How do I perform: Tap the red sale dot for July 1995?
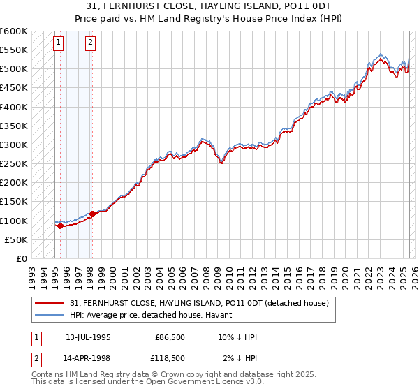pyautogui.click(x=60, y=226)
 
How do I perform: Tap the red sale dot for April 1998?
pyautogui.click(x=92, y=214)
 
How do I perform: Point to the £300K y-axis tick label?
pyautogui.click(x=14, y=145)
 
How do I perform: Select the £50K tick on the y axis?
pyautogui.click(x=17, y=239)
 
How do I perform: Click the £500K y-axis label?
pyautogui.click(x=14, y=69)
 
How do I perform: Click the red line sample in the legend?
pyautogui.click(x=49, y=302)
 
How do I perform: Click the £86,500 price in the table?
pyautogui.click(x=170, y=337)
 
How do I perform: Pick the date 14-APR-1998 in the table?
pyautogui.click(x=87, y=358)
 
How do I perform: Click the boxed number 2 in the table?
pyautogui.click(x=35, y=358)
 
